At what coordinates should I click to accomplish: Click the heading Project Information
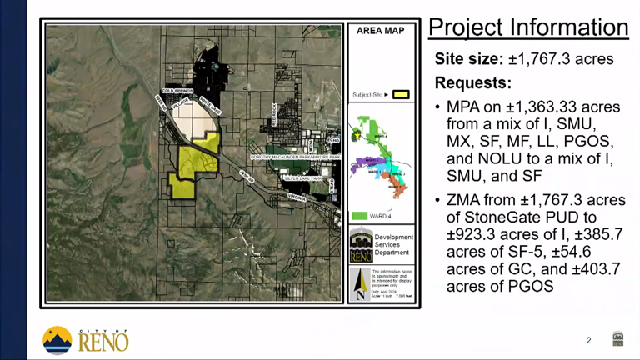528,27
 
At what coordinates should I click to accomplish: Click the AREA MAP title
380,31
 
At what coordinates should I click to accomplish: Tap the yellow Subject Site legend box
401,94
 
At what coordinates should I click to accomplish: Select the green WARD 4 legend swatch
359,216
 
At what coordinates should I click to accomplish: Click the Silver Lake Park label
302,178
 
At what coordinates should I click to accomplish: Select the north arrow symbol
360,283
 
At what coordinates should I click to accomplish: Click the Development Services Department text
393,245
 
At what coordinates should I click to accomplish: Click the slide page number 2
589,340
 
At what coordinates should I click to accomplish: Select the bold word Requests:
472,84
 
